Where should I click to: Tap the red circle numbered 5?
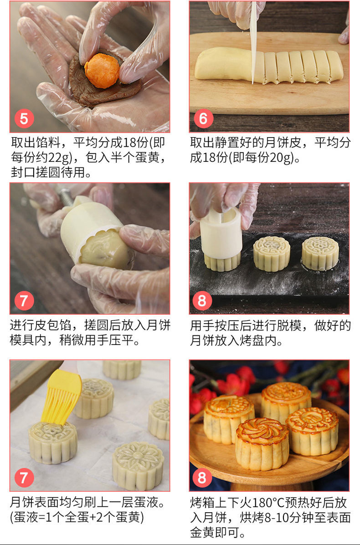(x=24, y=119)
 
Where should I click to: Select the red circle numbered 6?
(x=203, y=119)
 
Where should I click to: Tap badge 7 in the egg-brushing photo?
(x=24, y=478)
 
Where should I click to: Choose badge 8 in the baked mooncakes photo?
(x=203, y=478)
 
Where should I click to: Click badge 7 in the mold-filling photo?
(x=24, y=301)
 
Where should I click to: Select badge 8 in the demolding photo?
(x=203, y=301)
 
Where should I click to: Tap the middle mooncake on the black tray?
(x=272, y=253)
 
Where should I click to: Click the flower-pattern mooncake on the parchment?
(x=138, y=465)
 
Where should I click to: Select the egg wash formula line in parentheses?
(x=77, y=517)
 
